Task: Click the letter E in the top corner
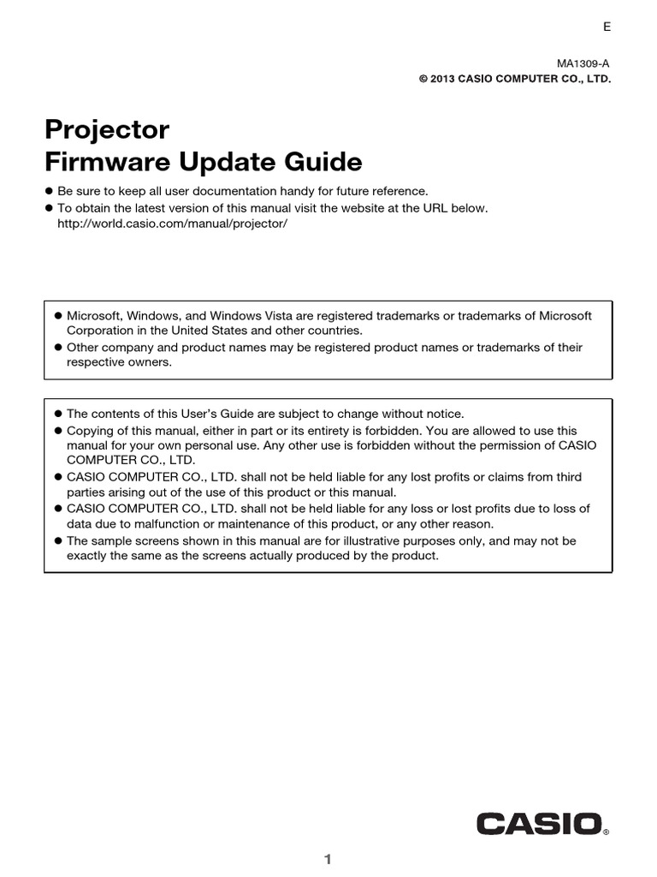pos(607,27)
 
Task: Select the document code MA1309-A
pos(584,63)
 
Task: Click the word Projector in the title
pos(107,131)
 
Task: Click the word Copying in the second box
pos(89,431)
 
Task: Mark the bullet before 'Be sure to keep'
pos(49,192)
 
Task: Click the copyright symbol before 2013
pos(423,79)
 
